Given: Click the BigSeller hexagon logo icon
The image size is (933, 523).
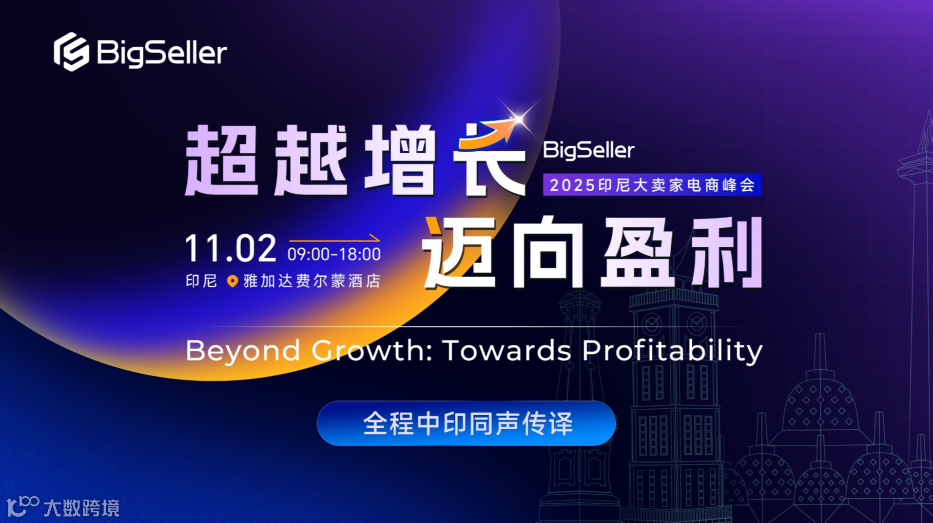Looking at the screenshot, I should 71,52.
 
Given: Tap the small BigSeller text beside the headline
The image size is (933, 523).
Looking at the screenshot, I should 588,150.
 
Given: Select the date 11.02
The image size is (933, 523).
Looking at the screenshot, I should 230,248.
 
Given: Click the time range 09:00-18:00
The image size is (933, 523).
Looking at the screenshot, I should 334,254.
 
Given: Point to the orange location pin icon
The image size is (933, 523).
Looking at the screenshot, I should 233,281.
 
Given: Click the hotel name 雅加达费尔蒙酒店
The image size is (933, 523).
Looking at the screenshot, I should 312,281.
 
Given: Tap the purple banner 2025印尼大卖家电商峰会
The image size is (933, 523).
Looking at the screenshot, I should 652,185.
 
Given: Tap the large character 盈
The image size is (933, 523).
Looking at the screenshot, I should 639,252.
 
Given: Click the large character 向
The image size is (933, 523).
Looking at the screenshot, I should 548,252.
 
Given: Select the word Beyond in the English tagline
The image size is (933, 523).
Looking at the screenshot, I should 243,351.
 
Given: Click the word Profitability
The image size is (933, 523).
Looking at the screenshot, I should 672,351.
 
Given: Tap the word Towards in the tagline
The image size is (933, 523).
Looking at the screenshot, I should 507,351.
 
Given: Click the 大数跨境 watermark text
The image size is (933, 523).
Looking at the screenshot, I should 81,508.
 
